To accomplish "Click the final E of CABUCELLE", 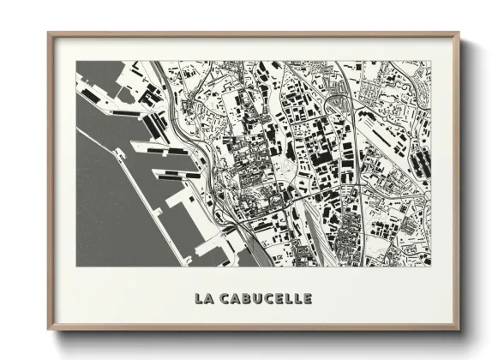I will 307,299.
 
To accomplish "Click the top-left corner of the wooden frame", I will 48,33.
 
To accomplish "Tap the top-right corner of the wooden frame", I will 459,33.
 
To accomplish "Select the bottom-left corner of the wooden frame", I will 48,330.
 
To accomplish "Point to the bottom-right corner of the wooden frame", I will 459,330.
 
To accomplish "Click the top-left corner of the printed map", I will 76,61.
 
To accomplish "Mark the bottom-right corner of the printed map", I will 432,266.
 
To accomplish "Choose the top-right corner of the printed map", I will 432,61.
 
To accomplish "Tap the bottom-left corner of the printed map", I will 76,266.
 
